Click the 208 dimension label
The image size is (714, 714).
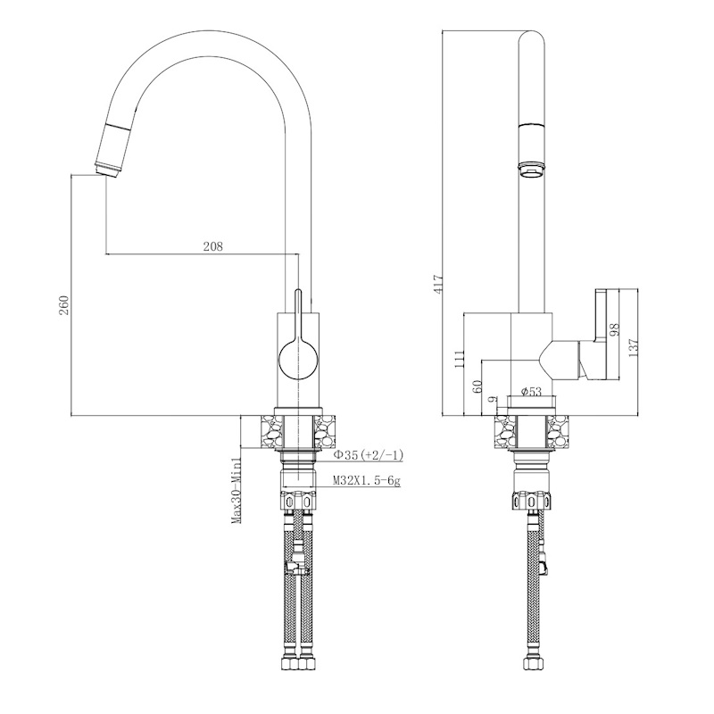(x=212, y=246)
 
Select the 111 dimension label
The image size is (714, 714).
(x=459, y=359)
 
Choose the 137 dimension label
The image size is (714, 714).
(x=633, y=345)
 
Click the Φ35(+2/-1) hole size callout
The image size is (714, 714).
(x=368, y=455)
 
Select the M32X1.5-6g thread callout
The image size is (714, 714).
(x=367, y=481)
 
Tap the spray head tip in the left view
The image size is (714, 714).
(x=105, y=167)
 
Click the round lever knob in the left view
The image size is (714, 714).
(x=296, y=360)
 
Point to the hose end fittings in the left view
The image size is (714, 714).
(x=298, y=665)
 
